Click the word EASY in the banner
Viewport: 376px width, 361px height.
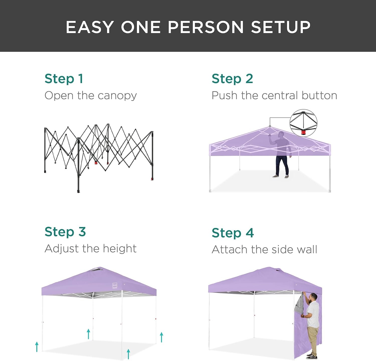[x=90, y=27]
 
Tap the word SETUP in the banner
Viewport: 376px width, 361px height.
[x=281, y=27]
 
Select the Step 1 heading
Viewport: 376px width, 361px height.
[x=64, y=79]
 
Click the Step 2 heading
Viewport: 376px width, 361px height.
[x=232, y=79]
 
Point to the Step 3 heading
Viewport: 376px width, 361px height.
[x=65, y=232]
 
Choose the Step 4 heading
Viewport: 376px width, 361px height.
[x=233, y=233]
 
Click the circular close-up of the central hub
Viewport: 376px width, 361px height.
[x=303, y=123]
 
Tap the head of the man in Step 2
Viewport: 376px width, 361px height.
[x=281, y=135]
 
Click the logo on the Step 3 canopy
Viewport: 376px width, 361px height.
[x=115, y=285]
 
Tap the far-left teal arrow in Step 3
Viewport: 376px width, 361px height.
[x=37, y=347]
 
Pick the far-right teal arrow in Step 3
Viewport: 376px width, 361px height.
[x=162, y=337]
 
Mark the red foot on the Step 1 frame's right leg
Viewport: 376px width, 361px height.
[x=152, y=179]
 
